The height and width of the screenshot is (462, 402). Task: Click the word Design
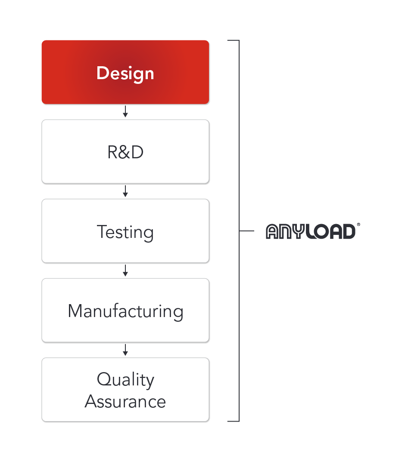tap(125, 74)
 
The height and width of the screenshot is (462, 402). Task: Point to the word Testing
tap(125, 232)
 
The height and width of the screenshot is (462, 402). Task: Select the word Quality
tap(125, 380)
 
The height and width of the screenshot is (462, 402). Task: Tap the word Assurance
tap(125, 402)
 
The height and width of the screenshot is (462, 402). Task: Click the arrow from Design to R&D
tap(125, 111)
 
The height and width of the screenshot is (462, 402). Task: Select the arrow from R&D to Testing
tap(125, 191)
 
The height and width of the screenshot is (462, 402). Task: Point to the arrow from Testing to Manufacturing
tap(125, 271)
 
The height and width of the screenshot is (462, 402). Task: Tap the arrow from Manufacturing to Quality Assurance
tap(125, 350)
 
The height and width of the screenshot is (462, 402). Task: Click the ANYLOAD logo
tap(311, 231)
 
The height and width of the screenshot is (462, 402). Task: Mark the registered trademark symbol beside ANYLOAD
tap(358, 225)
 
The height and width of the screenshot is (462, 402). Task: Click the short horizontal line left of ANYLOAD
tap(246, 231)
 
